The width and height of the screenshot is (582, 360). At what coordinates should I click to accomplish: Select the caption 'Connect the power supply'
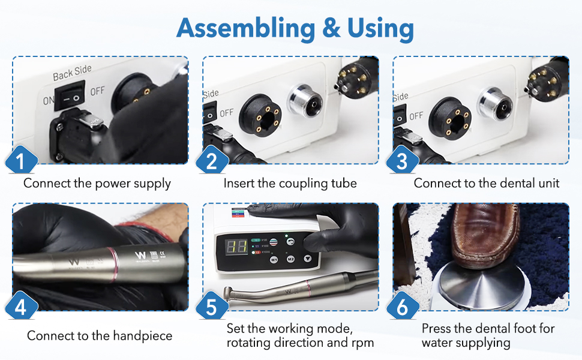(x=97, y=183)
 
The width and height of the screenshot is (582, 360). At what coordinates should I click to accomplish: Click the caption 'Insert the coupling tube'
(x=290, y=183)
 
